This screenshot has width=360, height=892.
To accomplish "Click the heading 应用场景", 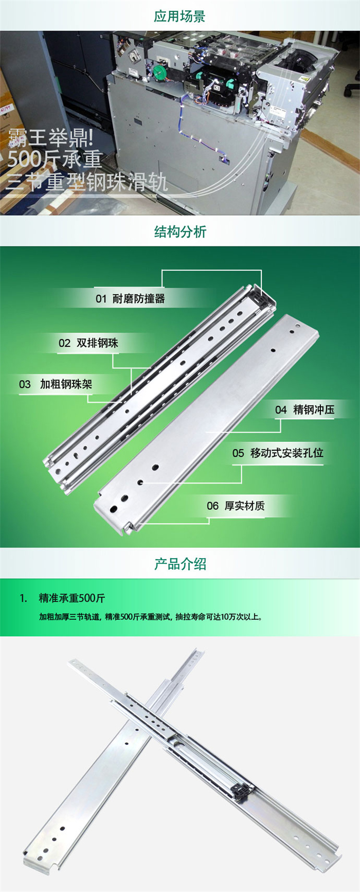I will point(179,16).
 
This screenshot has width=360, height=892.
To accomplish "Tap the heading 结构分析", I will point(179,231).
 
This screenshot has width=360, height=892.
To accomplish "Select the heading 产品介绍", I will point(179,564).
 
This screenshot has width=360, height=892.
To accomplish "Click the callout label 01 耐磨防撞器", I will point(130,299).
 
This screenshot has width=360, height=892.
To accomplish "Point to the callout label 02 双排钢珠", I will point(88,343).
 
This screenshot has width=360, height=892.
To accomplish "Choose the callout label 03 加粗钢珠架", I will point(56,384).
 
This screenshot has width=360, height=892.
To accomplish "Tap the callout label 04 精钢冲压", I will point(304,409).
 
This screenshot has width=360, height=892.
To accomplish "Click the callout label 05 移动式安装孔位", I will point(278,453).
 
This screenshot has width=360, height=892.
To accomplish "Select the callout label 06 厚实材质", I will point(236,506).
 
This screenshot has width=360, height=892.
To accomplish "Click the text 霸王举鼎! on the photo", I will point(50,137).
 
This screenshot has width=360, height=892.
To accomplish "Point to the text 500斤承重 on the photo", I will point(55,159).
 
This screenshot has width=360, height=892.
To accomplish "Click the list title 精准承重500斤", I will point(72,598).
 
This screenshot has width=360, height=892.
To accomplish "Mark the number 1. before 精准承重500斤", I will point(23,598).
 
